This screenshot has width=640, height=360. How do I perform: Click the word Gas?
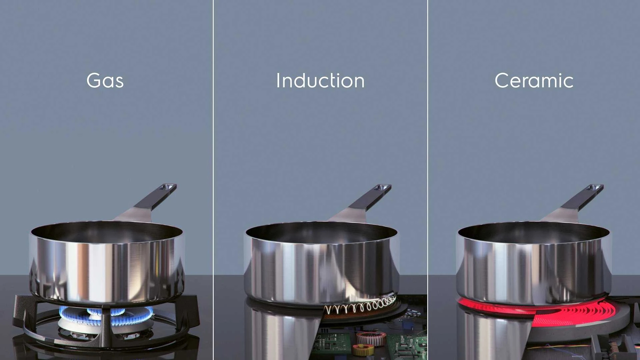(x=105, y=81)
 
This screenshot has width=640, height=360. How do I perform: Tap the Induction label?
(x=320, y=81)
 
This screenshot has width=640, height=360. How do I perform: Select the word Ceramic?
(x=534, y=81)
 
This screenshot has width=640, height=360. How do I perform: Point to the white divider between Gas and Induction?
(x=213, y=180)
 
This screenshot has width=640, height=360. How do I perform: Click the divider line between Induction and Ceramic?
(x=428, y=180)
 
